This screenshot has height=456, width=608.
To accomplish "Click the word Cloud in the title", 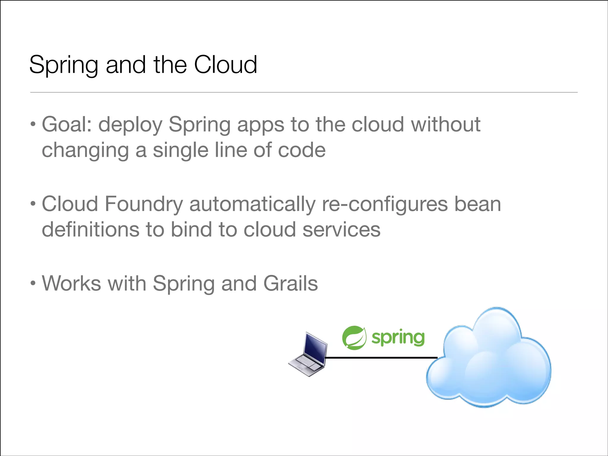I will (225, 64).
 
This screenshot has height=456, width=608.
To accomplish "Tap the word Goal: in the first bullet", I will (67, 124).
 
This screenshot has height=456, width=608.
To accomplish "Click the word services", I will (341, 230).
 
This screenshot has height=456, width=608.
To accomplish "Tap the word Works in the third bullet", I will (72, 284).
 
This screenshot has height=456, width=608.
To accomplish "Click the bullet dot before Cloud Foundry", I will (33, 204).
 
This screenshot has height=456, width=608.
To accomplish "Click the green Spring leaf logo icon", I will (354, 338).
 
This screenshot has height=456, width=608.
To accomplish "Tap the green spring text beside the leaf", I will (398, 338).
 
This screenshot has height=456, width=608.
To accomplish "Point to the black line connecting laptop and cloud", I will (381, 358).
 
